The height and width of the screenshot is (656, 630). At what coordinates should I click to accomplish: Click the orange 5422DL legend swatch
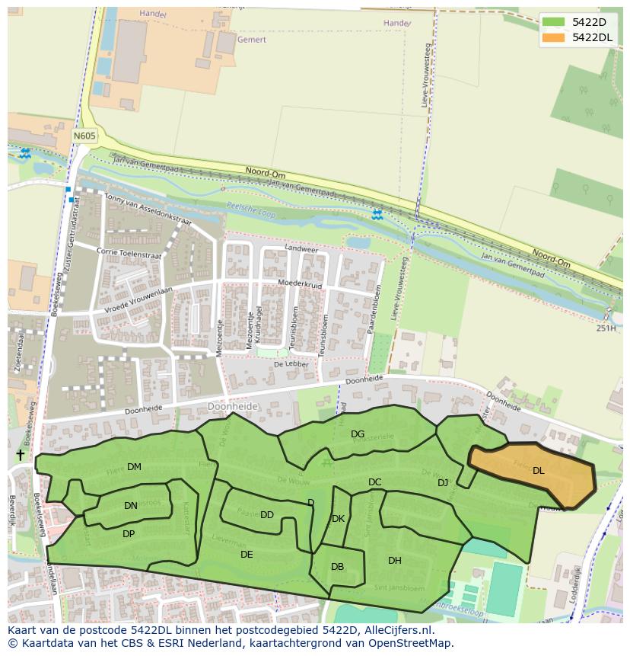click(555, 37)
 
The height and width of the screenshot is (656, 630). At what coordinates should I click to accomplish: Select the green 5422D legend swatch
click(555, 22)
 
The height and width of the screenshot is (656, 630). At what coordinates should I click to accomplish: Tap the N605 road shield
click(84, 136)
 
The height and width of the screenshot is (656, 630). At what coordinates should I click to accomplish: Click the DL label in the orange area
click(539, 471)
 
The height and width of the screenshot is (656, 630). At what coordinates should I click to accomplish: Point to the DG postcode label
click(358, 434)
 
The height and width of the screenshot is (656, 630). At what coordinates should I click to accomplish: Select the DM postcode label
click(134, 467)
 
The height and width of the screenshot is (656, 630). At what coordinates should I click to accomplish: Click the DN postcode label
click(131, 505)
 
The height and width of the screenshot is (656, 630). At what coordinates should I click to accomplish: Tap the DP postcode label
click(129, 534)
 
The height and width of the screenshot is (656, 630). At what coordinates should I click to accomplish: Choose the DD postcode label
click(267, 515)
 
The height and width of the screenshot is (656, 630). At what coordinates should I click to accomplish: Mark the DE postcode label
click(247, 555)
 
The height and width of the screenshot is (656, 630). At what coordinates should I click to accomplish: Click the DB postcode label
click(338, 567)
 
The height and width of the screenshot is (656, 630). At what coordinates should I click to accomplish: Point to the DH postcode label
click(395, 561)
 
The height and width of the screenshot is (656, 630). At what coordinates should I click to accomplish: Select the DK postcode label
click(339, 519)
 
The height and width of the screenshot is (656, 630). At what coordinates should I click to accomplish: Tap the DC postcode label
click(375, 482)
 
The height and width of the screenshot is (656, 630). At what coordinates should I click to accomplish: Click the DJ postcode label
click(443, 483)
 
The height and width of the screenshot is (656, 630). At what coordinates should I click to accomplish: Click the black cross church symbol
click(20, 455)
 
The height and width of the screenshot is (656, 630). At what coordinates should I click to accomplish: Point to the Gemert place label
click(252, 39)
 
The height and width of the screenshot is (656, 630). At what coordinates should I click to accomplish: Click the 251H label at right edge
click(606, 328)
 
